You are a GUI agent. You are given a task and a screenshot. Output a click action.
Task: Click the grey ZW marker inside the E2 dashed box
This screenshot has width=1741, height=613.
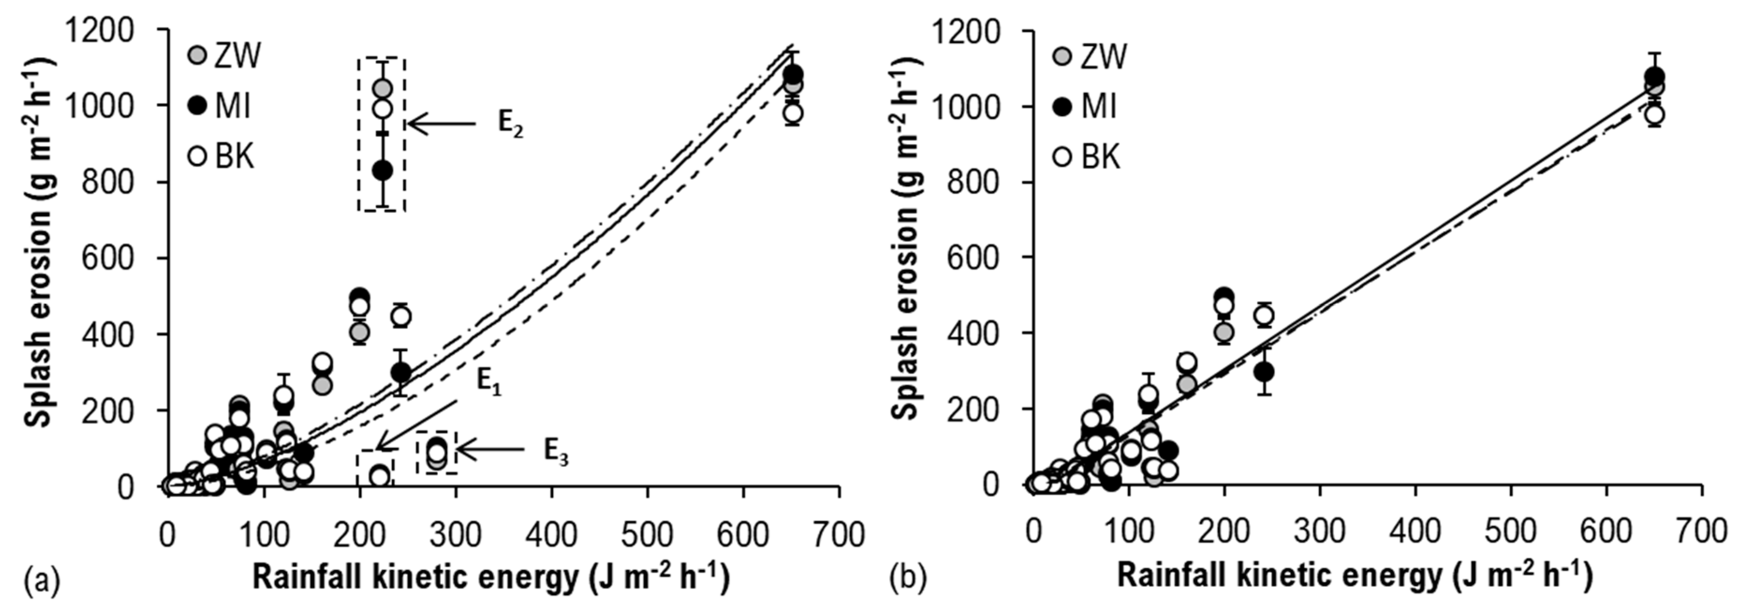pos(382,89)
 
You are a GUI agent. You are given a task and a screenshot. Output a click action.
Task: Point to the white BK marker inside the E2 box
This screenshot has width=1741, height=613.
pos(382,108)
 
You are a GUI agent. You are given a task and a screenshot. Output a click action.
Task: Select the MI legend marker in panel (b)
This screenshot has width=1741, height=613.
pos(1064,106)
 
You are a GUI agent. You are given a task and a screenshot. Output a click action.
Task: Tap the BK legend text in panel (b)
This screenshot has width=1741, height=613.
pos(1101,157)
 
